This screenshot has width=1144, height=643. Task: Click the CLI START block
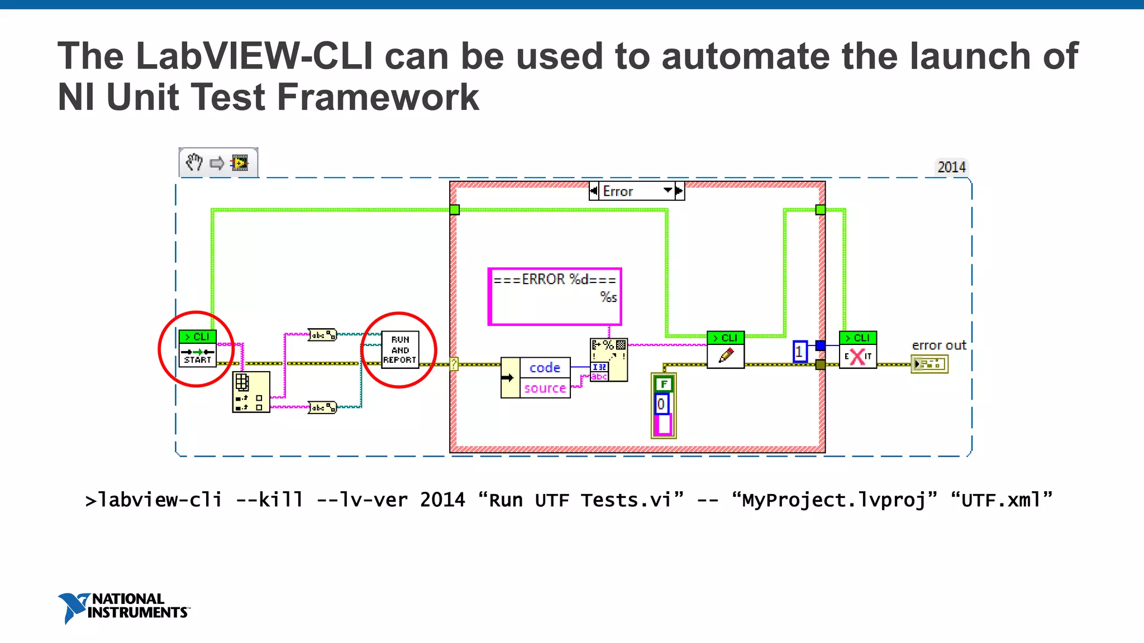click(x=197, y=348)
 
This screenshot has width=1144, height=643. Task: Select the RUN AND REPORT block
click(x=400, y=350)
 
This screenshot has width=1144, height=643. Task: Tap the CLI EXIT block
click(x=858, y=350)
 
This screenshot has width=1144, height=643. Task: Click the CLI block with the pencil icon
click(x=726, y=350)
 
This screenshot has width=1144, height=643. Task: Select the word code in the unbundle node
click(x=545, y=368)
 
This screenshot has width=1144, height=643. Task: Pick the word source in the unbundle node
click(x=545, y=388)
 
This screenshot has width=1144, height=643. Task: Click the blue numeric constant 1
click(x=800, y=352)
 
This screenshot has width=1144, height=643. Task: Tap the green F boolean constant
click(x=664, y=384)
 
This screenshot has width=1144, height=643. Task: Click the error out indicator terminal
click(x=929, y=364)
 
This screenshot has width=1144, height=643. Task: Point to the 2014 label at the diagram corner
click(x=951, y=167)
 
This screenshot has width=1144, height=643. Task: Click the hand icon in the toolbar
click(x=194, y=163)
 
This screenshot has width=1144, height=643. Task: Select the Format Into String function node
click(x=609, y=360)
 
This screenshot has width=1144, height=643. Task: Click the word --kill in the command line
click(x=270, y=500)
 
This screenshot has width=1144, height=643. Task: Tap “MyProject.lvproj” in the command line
click(x=834, y=500)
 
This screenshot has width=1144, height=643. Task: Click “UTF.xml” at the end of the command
click(x=1001, y=500)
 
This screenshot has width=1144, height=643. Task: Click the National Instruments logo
click(x=124, y=607)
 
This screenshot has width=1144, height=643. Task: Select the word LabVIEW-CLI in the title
click(x=254, y=56)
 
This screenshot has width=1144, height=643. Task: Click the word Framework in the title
click(x=378, y=97)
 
